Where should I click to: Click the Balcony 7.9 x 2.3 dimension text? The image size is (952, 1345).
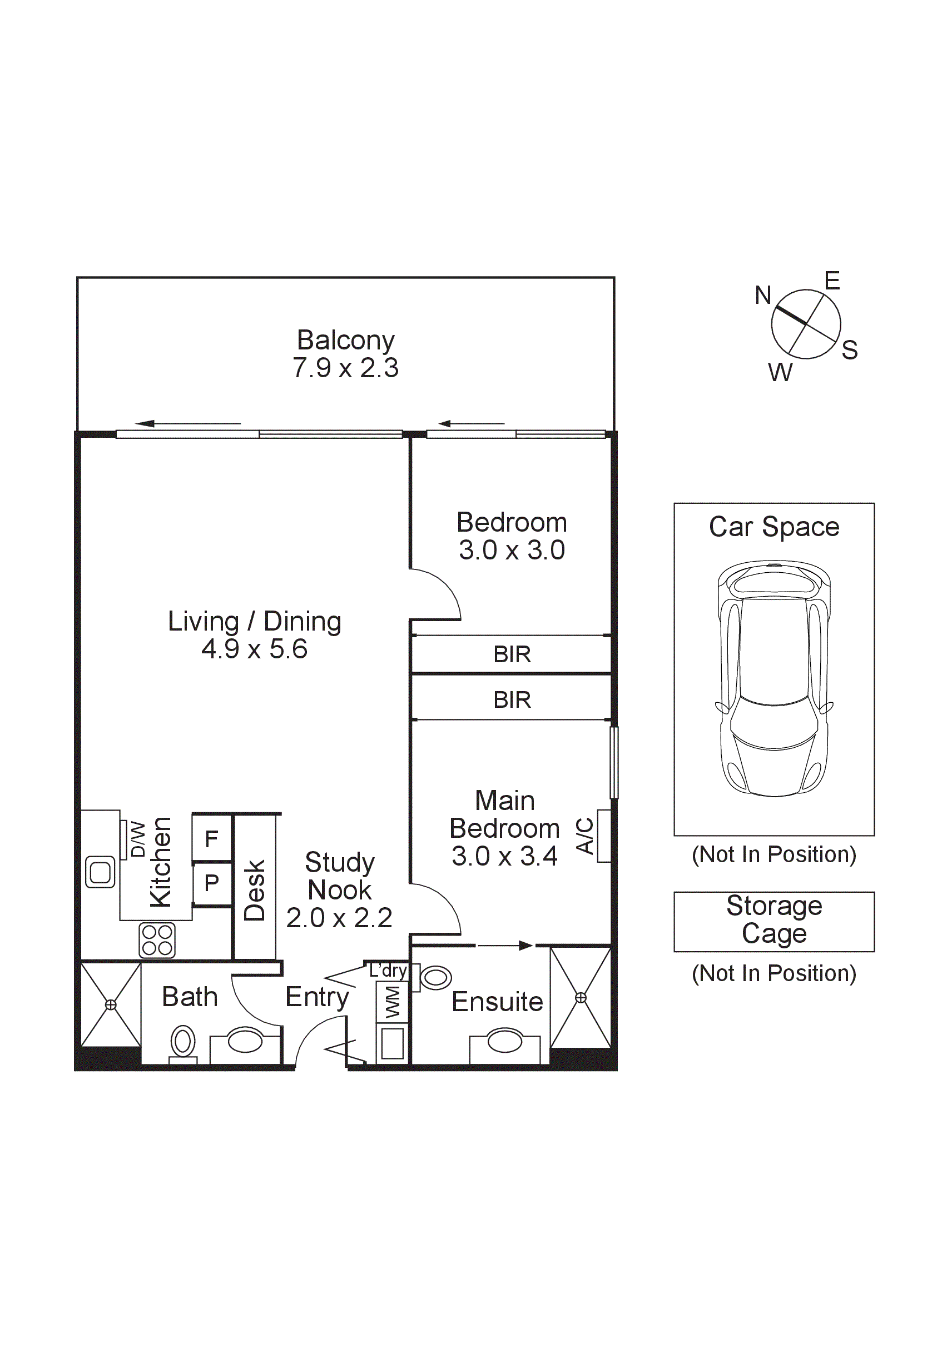click(x=345, y=368)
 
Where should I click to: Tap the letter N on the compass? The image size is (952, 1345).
click(x=762, y=295)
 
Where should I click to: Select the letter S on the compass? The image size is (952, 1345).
click(x=850, y=350)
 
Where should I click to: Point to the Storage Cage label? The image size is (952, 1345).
click(x=774, y=919)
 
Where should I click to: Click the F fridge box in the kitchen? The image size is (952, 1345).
click(x=212, y=839)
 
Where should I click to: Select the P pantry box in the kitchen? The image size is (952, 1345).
click(x=212, y=883)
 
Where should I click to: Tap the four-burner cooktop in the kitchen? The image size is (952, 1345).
click(x=157, y=940)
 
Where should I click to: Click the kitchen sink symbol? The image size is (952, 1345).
click(x=100, y=872)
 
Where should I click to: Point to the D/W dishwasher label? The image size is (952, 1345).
click(x=137, y=839)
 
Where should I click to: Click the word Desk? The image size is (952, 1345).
click(x=255, y=890)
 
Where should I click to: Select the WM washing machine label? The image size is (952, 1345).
click(x=392, y=1002)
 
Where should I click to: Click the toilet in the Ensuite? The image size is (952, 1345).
click(x=435, y=977)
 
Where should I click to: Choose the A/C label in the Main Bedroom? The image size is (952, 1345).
click(x=585, y=836)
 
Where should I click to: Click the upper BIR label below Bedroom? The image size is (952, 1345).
click(x=512, y=654)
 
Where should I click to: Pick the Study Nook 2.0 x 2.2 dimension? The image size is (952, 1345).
click(x=339, y=918)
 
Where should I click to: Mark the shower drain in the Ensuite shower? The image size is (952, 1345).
click(x=581, y=997)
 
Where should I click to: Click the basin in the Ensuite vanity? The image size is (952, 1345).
click(x=504, y=1041)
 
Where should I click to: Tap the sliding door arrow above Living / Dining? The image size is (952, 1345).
click(x=187, y=423)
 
